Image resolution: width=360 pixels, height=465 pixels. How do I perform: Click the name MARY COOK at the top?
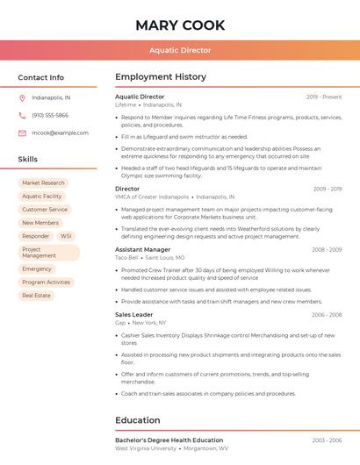click(x=180, y=25)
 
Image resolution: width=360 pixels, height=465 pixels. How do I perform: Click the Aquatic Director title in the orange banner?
click(x=180, y=50)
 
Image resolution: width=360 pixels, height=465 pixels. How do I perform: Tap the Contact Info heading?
click(x=41, y=77)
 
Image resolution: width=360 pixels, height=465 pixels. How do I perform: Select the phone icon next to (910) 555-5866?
click(x=22, y=115)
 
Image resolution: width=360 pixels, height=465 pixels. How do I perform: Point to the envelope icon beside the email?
click(x=22, y=133)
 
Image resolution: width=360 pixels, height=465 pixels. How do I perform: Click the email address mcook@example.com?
click(x=60, y=133)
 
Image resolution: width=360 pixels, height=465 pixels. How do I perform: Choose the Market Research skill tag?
click(x=43, y=183)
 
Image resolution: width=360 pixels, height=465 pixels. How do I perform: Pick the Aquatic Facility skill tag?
click(x=42, y=197)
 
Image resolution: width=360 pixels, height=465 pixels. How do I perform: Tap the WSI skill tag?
click(x=66, y=236)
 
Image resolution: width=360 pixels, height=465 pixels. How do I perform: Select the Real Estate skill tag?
click(x=36, y=296)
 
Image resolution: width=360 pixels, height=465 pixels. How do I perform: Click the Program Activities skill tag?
click(x=46, y=283)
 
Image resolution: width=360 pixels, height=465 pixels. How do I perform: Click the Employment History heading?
click(x=161, y=77)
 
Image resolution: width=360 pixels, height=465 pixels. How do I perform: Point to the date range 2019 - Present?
click(x=324, y=97)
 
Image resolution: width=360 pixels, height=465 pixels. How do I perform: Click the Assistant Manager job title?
click(x=142, y=249)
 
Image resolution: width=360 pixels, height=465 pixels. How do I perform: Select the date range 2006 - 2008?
click(x=327, y=314)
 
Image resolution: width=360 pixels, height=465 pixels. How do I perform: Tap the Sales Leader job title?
click(x=133, y=314)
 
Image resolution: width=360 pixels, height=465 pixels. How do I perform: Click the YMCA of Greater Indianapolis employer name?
click(x=152, y=197)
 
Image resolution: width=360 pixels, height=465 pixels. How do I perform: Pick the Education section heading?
click(x=138, y=420)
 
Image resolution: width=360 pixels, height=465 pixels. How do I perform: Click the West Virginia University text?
click(x=146, y=448)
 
